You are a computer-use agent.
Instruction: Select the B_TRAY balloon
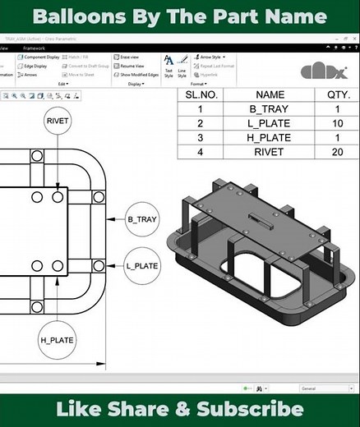pos(141,220)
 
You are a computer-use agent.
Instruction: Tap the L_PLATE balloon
pos(141,267)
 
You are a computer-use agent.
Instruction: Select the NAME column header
pos(270,94)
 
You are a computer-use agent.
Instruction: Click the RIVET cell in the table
pos(270,151)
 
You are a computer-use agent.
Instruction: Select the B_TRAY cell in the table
pos(270,109)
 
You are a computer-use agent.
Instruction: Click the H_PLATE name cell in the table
pos(270,137)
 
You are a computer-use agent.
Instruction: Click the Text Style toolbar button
pos(168,65)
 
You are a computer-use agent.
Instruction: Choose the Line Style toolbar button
pos(182,65)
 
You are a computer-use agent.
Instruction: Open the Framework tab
pos(35,48)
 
